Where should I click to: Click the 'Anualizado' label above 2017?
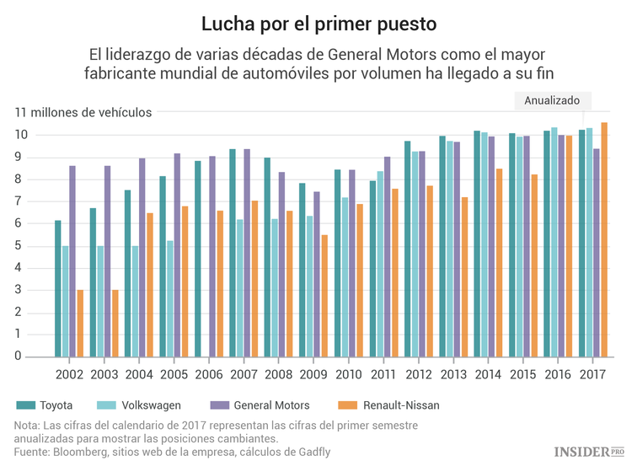click(x=552, y=100)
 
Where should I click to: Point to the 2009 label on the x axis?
click(x=313, y=373)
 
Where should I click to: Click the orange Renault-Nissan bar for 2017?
click(x=603, y=239)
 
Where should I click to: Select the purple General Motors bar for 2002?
click(x=72, y=261)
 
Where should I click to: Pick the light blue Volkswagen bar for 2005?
click(x=169, y=298)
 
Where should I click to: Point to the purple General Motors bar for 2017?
click(x=597, y=253)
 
